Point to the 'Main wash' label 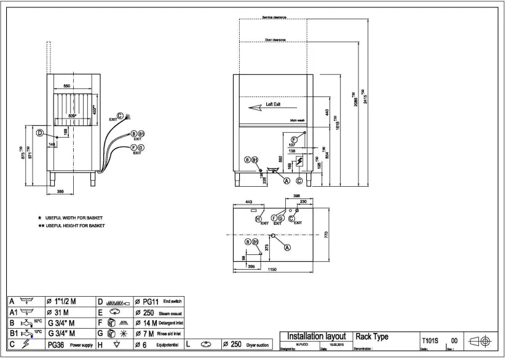point(298,120)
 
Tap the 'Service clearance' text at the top point(274,17)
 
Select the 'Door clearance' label point(275,39)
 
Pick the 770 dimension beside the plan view point(327,235)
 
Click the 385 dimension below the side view point(61,192)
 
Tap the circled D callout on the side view point(39,133)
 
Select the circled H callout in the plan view point(258,218)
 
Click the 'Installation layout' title point(317,337)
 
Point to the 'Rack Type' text point(372,337)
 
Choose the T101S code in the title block point(429,340)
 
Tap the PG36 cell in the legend point(56,345)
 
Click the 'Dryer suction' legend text point(258,345)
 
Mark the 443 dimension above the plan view point(249,202)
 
